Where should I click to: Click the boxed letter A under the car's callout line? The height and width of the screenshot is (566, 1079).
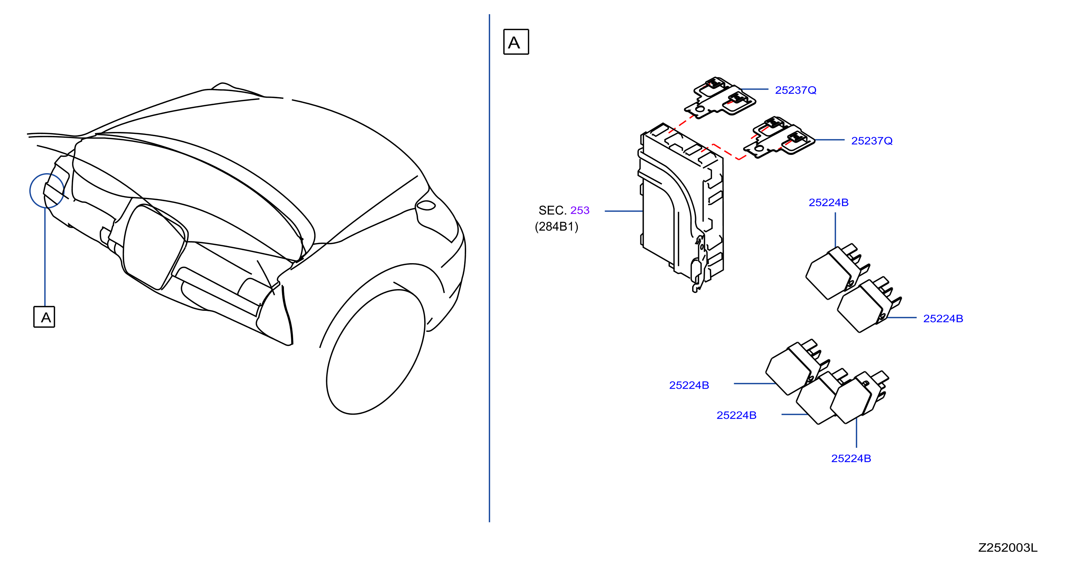44,317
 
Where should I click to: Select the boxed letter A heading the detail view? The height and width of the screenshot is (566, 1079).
516,42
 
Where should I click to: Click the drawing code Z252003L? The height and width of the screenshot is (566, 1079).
1007,548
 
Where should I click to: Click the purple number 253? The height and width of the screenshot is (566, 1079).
580,210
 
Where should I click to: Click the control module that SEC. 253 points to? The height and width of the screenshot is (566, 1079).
681,207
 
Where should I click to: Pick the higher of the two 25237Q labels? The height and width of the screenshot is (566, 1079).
795,90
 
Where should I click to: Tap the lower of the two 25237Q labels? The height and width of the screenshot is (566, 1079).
872,141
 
